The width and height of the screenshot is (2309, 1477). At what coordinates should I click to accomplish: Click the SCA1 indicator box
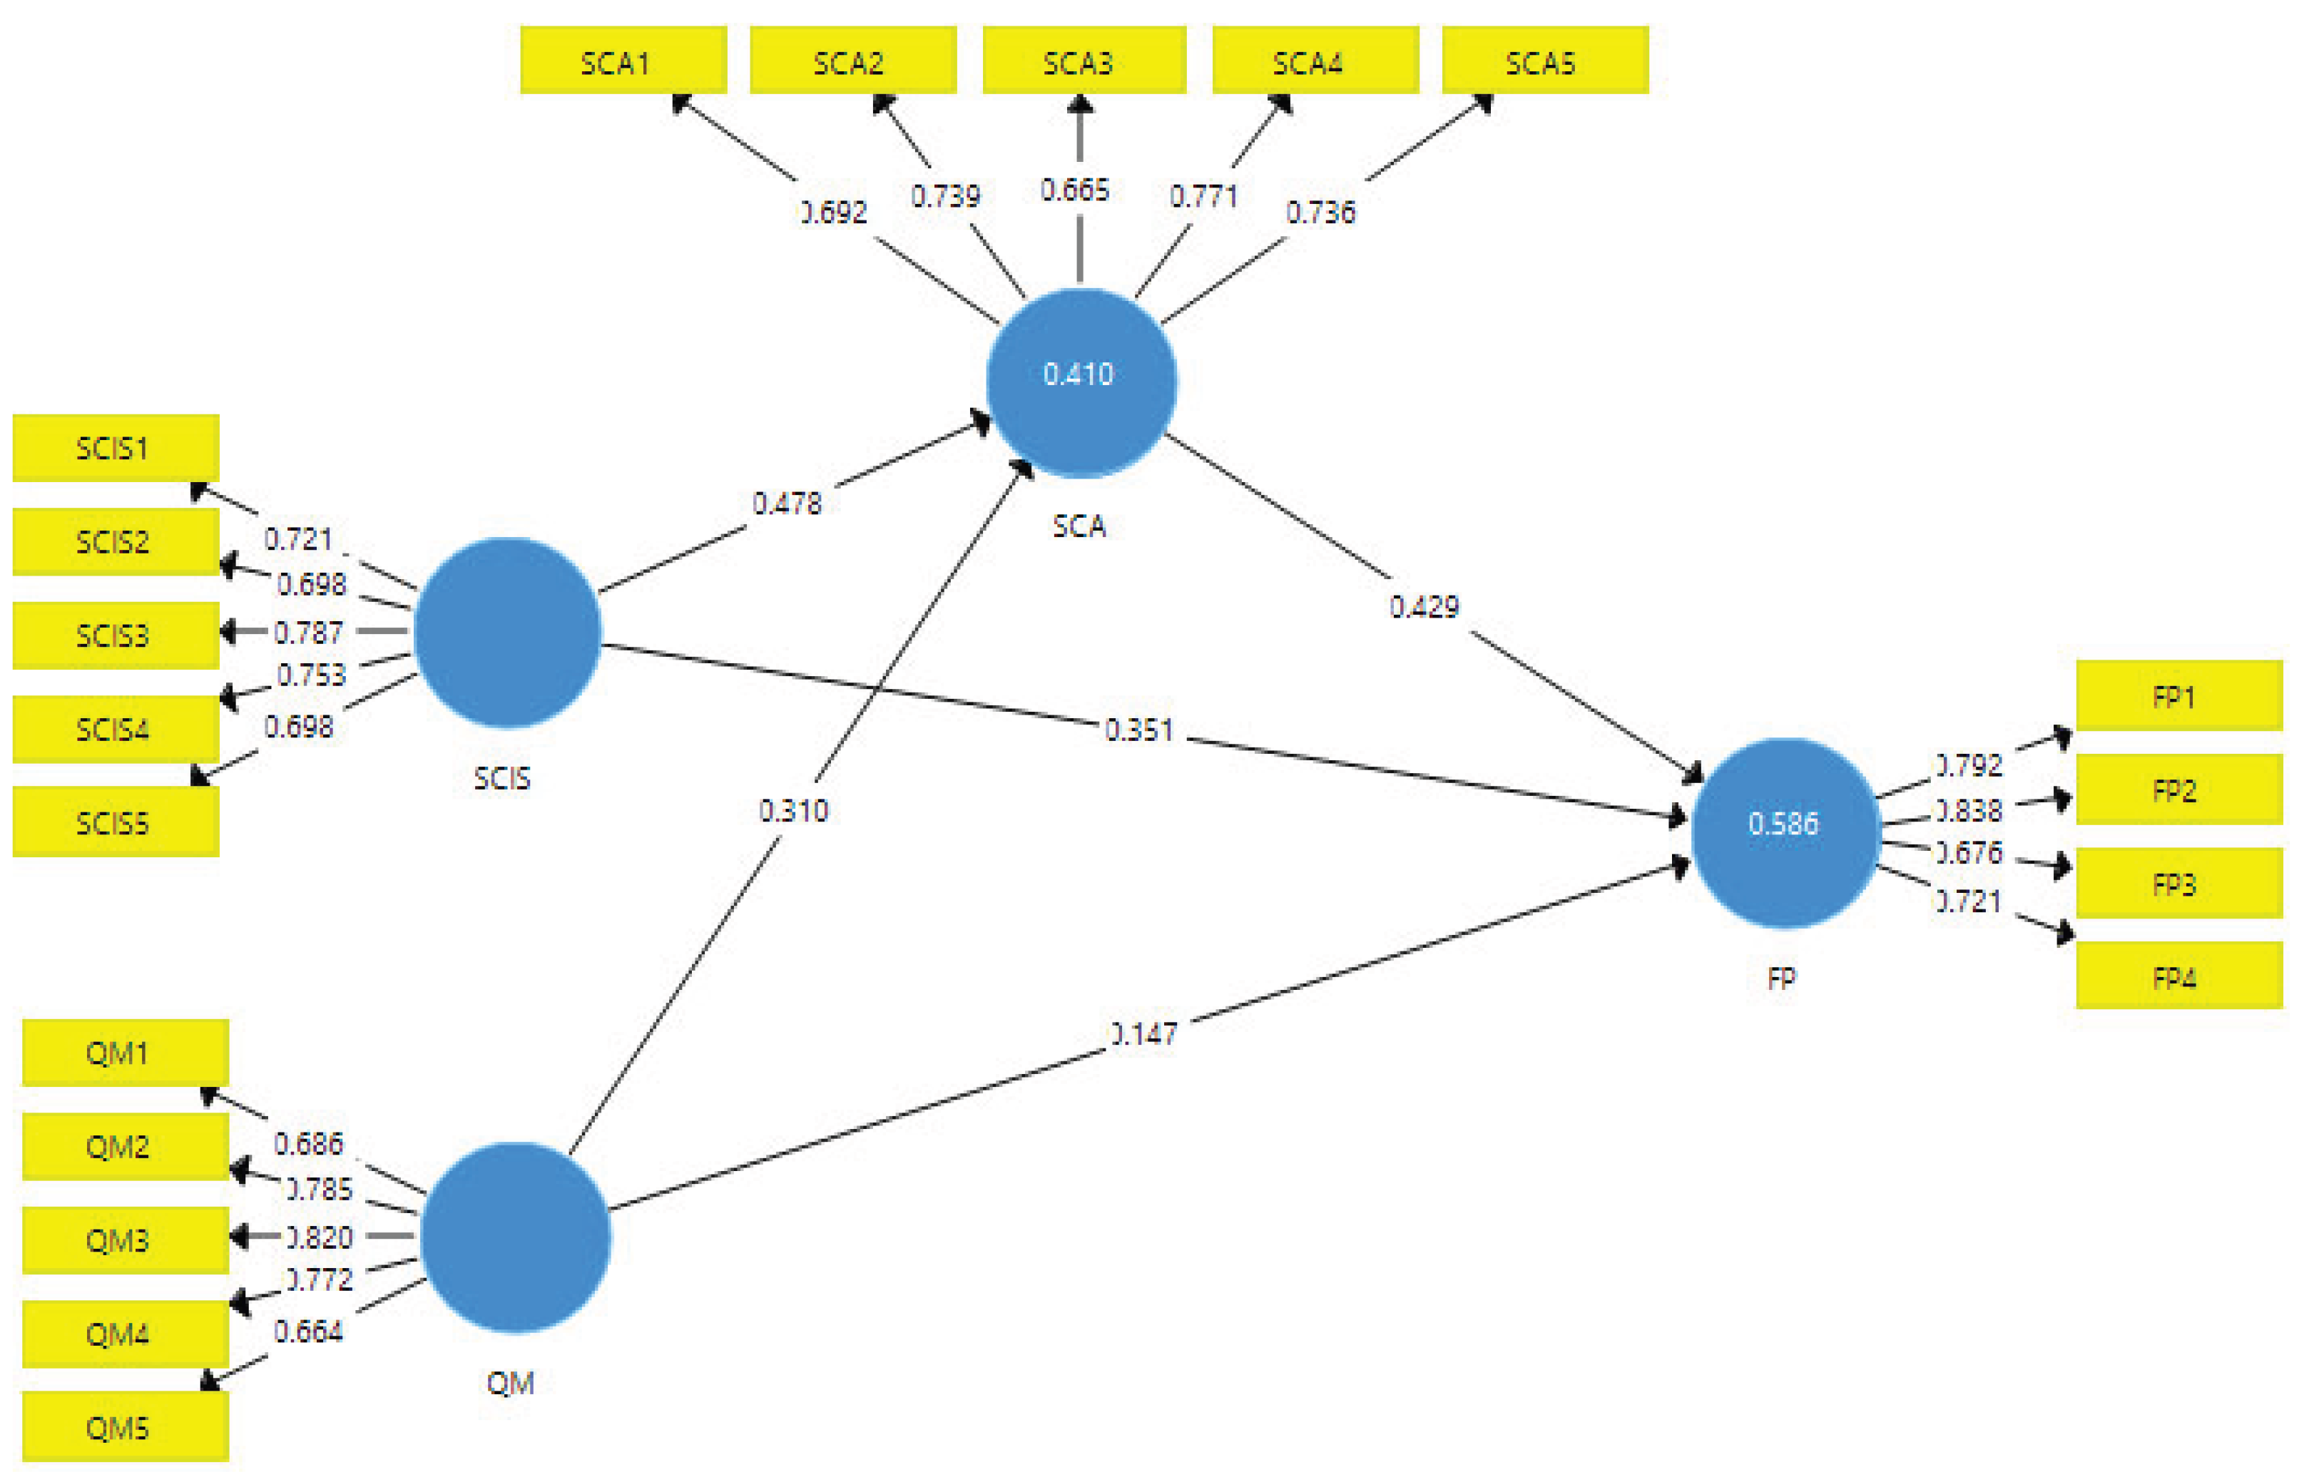pos(623,61)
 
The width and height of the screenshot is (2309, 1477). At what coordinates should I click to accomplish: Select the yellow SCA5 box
pos(1544,61)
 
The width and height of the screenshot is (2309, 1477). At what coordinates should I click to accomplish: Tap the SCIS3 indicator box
pos(115,635)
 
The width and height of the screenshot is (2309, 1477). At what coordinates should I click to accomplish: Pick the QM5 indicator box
pos(125,1427)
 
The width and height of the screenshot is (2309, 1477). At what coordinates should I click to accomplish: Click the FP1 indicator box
pos(2178,695)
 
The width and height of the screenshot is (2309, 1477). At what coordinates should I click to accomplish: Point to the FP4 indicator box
pos(2178,977)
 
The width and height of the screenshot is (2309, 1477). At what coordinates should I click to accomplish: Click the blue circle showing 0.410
pos(1081,382)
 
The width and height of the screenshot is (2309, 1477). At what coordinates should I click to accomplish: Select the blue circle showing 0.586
pos(1784,832)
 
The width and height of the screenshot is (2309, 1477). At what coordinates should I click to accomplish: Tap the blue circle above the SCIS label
pos(507,632)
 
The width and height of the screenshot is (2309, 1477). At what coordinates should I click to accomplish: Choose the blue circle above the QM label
pos(515,1236)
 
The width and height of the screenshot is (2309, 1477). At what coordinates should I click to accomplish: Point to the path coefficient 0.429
pos(1424,606)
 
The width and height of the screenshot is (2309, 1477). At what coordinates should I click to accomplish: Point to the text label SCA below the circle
pos(1079,526)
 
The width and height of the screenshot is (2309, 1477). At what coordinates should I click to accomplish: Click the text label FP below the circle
pos(1781,978)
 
